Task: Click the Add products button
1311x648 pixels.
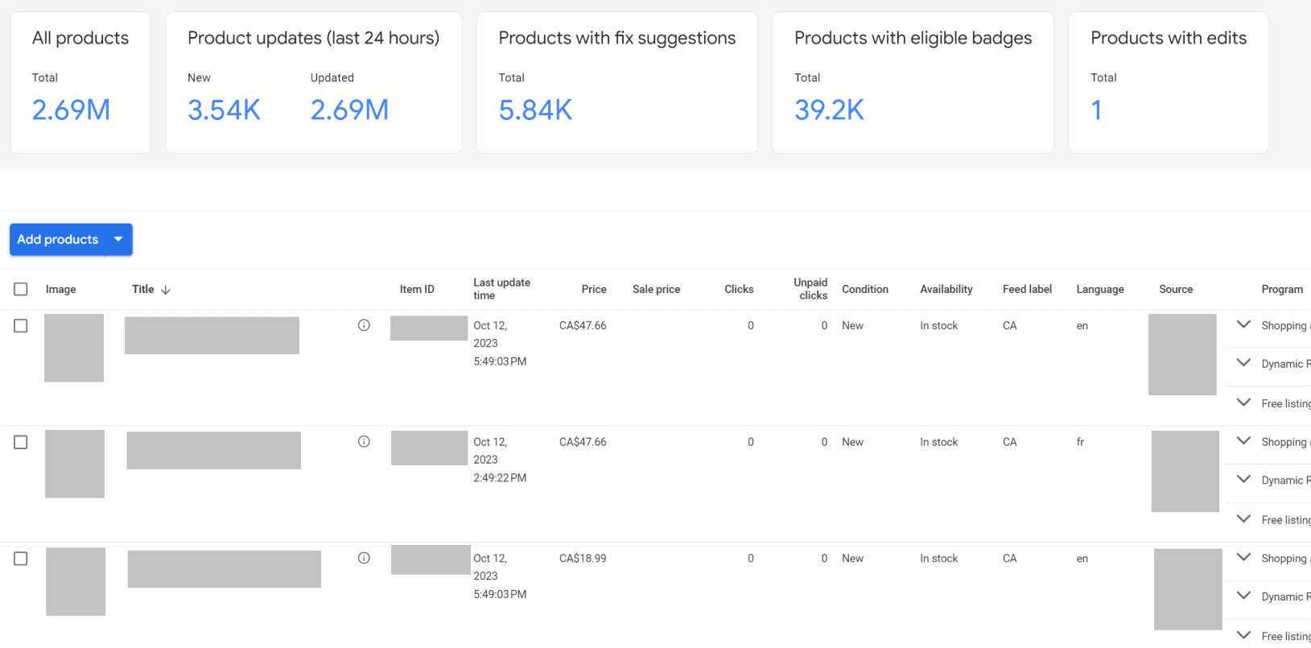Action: (57, 240)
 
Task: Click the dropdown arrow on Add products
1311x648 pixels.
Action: (118, 239)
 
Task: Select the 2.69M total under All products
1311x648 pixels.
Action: (71, 110)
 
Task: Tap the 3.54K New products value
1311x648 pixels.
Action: (224, 110)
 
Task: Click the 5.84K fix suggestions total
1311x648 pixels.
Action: (535, 110)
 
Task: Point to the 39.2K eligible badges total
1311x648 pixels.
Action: (829, 110)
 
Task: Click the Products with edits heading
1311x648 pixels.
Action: (1168, 38)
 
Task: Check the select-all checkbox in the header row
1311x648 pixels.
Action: (21, 289)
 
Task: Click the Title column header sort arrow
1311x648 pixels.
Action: (166, 290)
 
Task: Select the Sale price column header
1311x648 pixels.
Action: (656, 289)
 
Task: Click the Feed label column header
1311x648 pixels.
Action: (1027, 289)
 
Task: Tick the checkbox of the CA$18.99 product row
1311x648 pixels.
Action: (21, 559)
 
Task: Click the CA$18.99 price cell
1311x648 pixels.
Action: (583, 559)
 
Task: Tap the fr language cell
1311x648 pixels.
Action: (1080, 442)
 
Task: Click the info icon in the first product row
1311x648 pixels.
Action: (364, 325)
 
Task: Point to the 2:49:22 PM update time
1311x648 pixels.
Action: (500, 478)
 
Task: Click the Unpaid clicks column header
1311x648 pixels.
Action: (810, 289)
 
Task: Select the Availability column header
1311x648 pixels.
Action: (946, 289)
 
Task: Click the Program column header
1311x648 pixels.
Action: (1281, 289)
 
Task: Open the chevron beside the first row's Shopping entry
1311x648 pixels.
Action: (1243, 324)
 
